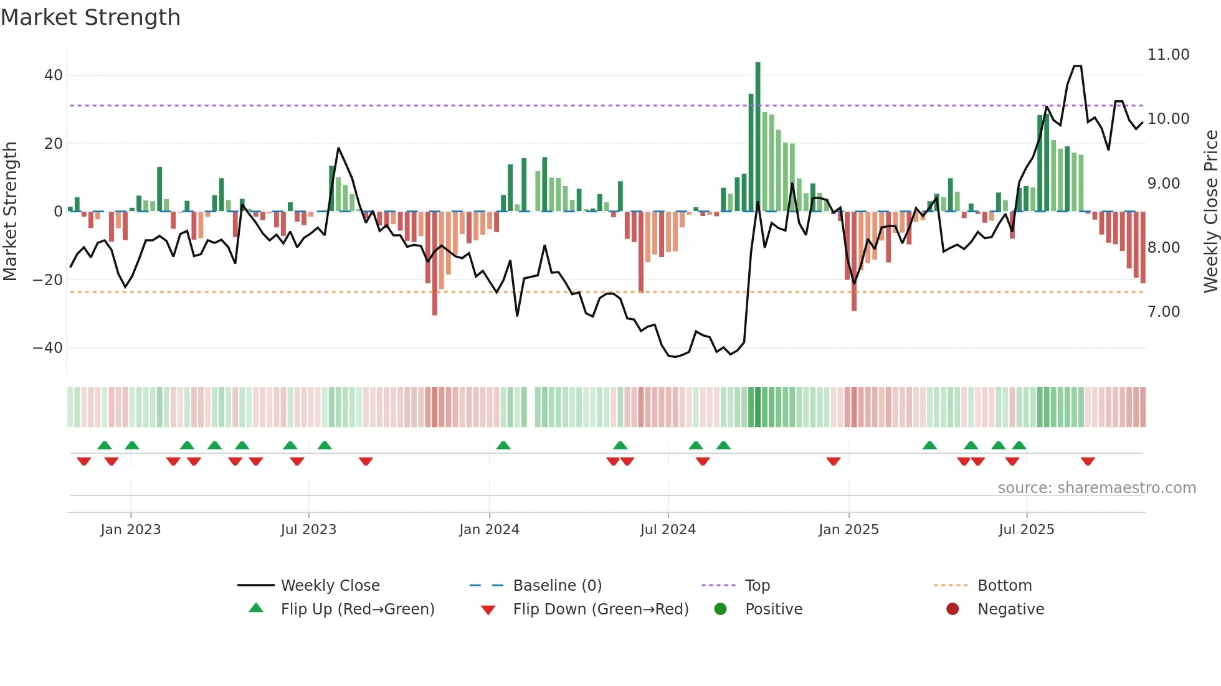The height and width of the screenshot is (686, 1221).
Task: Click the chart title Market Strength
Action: coord(90,17)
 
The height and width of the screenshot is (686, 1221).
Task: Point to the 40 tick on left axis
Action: coord(54,75)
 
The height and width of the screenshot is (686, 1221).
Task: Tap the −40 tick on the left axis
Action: coord(48,348)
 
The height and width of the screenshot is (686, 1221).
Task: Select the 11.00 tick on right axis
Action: coord(1168,55)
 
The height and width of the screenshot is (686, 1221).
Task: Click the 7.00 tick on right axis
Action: coord(1163,312)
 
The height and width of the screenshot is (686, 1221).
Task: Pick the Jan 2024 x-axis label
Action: coord(489,530)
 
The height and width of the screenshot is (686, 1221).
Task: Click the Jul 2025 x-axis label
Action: coord(1026,530)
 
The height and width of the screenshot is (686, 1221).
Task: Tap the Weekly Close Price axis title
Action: coord(1210,212)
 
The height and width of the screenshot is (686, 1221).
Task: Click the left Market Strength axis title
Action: coord(10,212)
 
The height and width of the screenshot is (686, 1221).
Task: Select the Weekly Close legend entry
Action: coord(330,586)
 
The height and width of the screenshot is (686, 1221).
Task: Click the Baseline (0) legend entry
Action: coord(557,586)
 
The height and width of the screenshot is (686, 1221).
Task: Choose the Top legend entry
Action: coord(757,586)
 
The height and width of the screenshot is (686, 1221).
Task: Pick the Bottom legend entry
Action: coord(1004,586)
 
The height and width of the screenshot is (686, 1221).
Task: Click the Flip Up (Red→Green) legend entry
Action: coord(357,609)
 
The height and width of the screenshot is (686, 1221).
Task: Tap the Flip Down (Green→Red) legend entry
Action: coord(601,609)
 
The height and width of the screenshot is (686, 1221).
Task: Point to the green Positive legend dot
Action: coord(720,609)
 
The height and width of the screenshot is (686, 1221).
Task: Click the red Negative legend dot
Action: coord(953,609)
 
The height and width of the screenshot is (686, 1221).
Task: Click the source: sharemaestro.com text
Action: coord(1096,488)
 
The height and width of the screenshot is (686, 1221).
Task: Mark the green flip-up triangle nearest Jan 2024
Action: coord(503,446)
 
